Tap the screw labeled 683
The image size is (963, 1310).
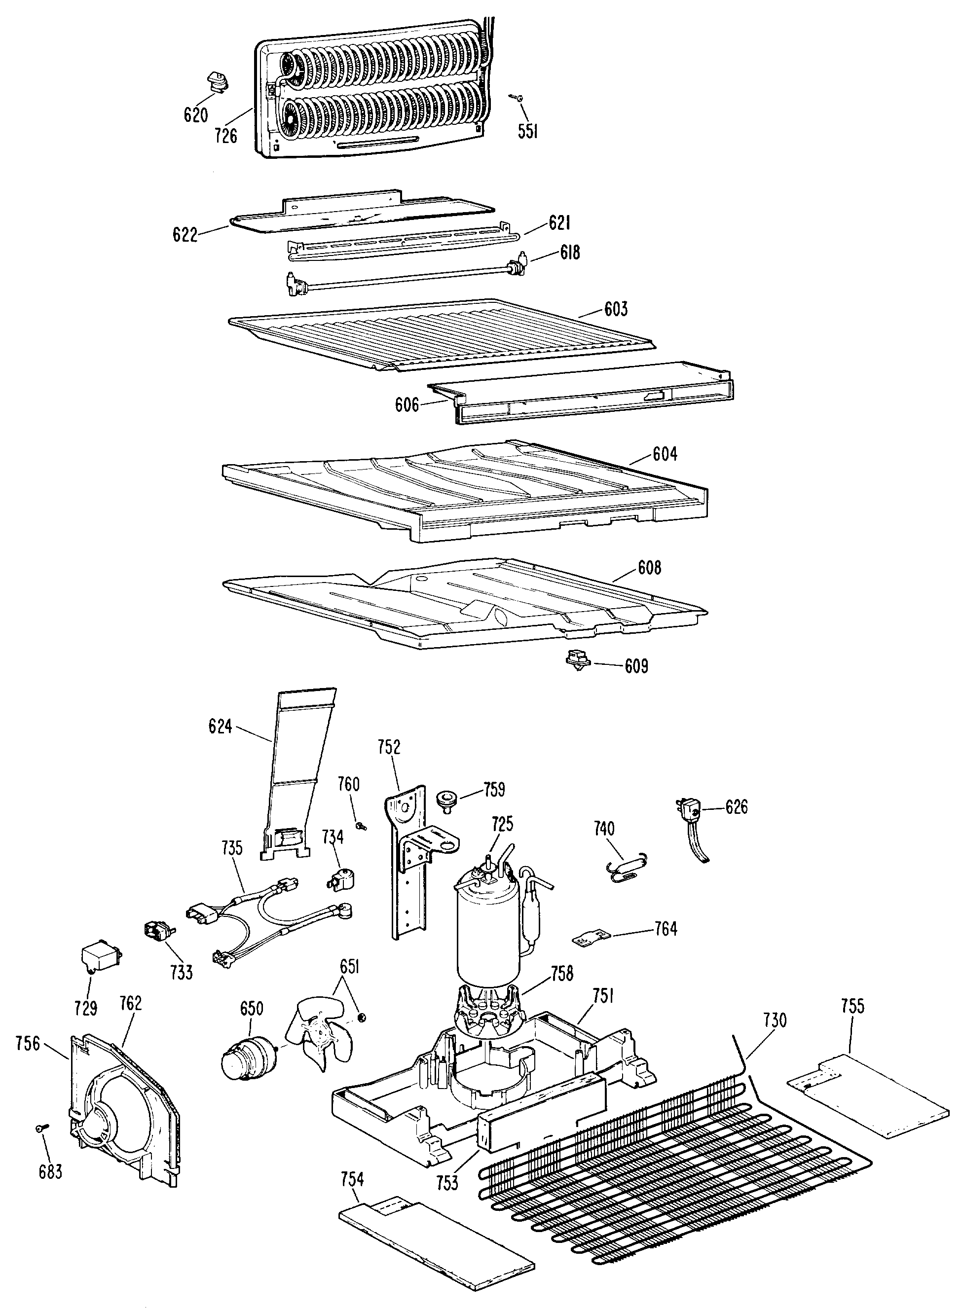(x=41, y=1129)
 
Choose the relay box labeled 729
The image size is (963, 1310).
(x=99, y=956)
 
